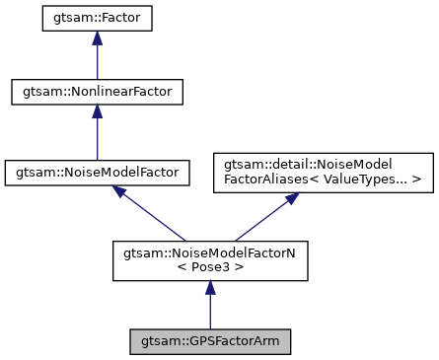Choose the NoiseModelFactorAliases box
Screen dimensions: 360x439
tap(324, 171)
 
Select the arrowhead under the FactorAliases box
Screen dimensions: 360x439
tap(292, 198)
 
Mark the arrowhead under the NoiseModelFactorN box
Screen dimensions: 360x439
tap(209, 288)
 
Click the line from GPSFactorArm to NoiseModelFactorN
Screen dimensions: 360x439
tap(209, 313)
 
